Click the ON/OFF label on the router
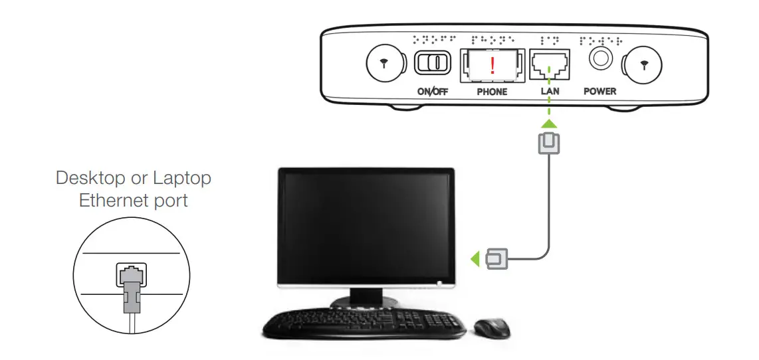[432, 92]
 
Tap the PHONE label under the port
[492, 92]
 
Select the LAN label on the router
[550, 92]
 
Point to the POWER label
[599, 92]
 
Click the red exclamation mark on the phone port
[492, 65]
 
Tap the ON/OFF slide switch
[432, 63]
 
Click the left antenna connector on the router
[385, 64]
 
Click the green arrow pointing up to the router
[550, 123]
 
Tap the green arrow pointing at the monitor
[475, 259]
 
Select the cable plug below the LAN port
[550, 143]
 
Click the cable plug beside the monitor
[496, 259]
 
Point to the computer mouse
[492, 328]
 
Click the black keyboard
[364, 323]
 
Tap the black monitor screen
[366, 227]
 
